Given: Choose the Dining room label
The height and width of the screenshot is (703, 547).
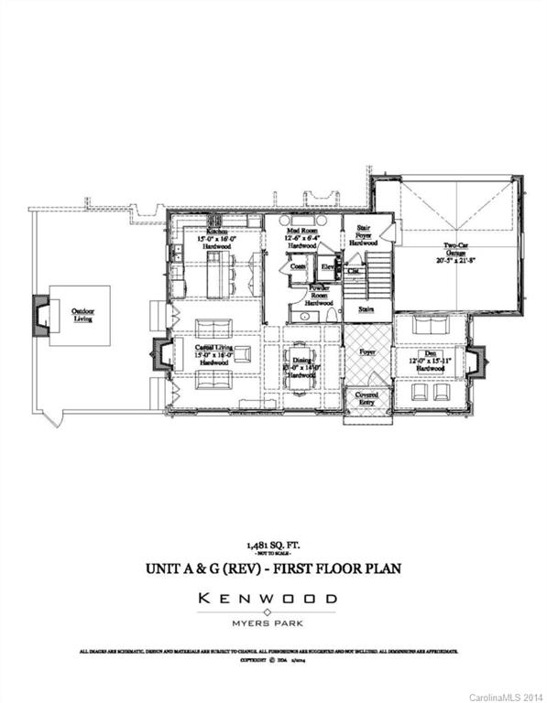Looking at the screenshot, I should (x=301, y=362).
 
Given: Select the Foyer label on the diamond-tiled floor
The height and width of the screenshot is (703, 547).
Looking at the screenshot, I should (x=367, y=351).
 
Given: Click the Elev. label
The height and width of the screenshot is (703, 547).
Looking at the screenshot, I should (x=328, y=266).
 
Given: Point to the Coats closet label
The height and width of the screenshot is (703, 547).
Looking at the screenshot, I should (x=298, y=266).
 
